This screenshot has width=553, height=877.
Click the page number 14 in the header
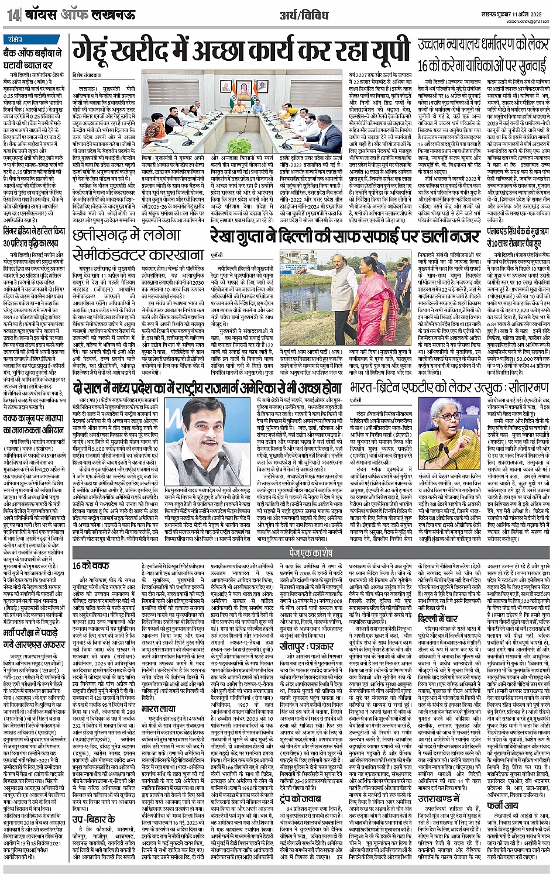point(13,16)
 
